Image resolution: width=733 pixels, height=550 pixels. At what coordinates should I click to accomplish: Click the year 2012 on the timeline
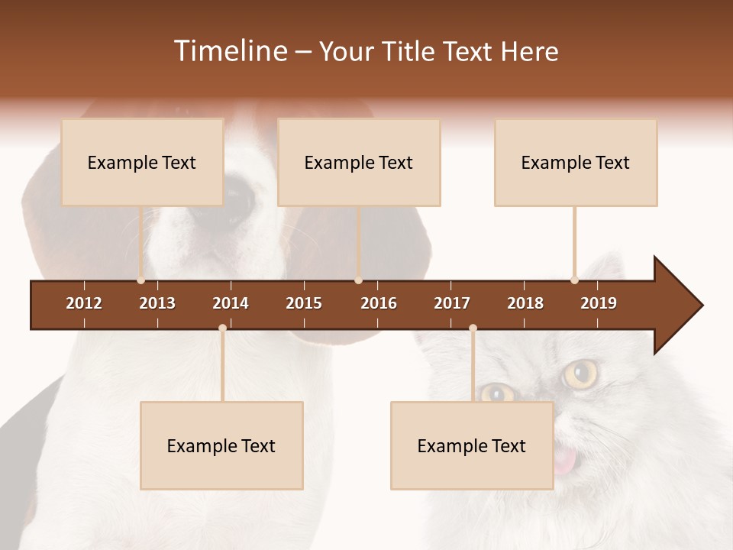click(84, 303)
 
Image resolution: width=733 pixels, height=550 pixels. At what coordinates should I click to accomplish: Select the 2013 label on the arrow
click(157, 303)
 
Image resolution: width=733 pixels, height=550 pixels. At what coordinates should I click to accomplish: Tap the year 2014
click(231, 303)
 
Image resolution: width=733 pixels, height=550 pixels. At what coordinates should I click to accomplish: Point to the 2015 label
click(304, 303)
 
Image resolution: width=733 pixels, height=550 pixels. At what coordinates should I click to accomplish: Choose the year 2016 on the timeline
click(379, 303)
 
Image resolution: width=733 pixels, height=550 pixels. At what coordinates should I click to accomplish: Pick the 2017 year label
click(452, 303)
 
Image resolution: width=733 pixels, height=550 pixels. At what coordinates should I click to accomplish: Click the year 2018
click(525, 303)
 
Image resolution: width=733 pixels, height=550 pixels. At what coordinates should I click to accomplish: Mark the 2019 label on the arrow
click(599, 303)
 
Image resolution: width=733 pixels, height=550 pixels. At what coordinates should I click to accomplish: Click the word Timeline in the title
click(230, 51)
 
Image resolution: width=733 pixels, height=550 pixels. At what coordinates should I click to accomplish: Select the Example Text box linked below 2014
click(221, 445)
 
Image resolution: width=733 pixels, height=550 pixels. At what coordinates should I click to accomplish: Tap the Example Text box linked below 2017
click(472, 445)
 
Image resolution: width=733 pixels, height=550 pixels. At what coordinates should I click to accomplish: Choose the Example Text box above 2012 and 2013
click(142, 162)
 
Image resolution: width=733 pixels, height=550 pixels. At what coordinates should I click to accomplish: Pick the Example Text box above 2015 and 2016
click(359, 162)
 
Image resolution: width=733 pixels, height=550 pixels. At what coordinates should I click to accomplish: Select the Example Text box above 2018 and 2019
click(576, 162)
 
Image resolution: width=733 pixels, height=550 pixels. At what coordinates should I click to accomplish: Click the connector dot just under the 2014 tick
click(222, 328)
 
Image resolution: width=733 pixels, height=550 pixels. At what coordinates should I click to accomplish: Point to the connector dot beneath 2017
click(473, 328)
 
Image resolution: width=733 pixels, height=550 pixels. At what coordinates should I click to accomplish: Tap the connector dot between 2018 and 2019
click(574, 280)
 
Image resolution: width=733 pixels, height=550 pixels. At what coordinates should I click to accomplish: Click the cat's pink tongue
click(565, 459)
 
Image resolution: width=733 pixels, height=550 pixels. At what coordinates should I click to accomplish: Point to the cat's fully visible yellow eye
click(581, 374)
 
